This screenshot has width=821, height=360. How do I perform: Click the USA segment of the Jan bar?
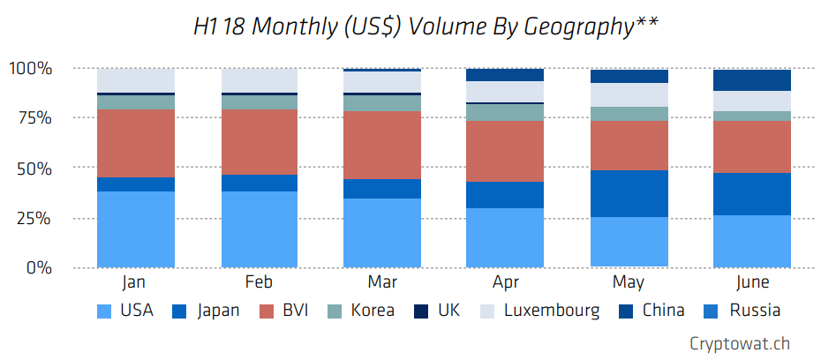click(135, 229)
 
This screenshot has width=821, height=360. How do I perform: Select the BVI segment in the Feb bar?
click(259, 142)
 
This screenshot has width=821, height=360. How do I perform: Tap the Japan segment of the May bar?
click(629, 193)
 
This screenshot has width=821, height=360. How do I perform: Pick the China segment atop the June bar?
click(752, 80)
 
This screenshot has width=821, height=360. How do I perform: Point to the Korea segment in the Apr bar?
click(505, 112)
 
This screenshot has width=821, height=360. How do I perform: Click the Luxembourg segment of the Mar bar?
click(382, 81)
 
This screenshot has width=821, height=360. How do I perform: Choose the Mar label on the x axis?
click(382, 283)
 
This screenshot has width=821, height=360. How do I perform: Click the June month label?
click(751, 283)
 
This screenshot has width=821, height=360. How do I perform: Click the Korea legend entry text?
click(372, 311)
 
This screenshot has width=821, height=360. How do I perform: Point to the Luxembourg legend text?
click(552, 311)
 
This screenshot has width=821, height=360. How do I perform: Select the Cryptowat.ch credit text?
click(741, 343)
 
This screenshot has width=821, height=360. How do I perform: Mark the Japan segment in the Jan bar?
click(135, 184)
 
